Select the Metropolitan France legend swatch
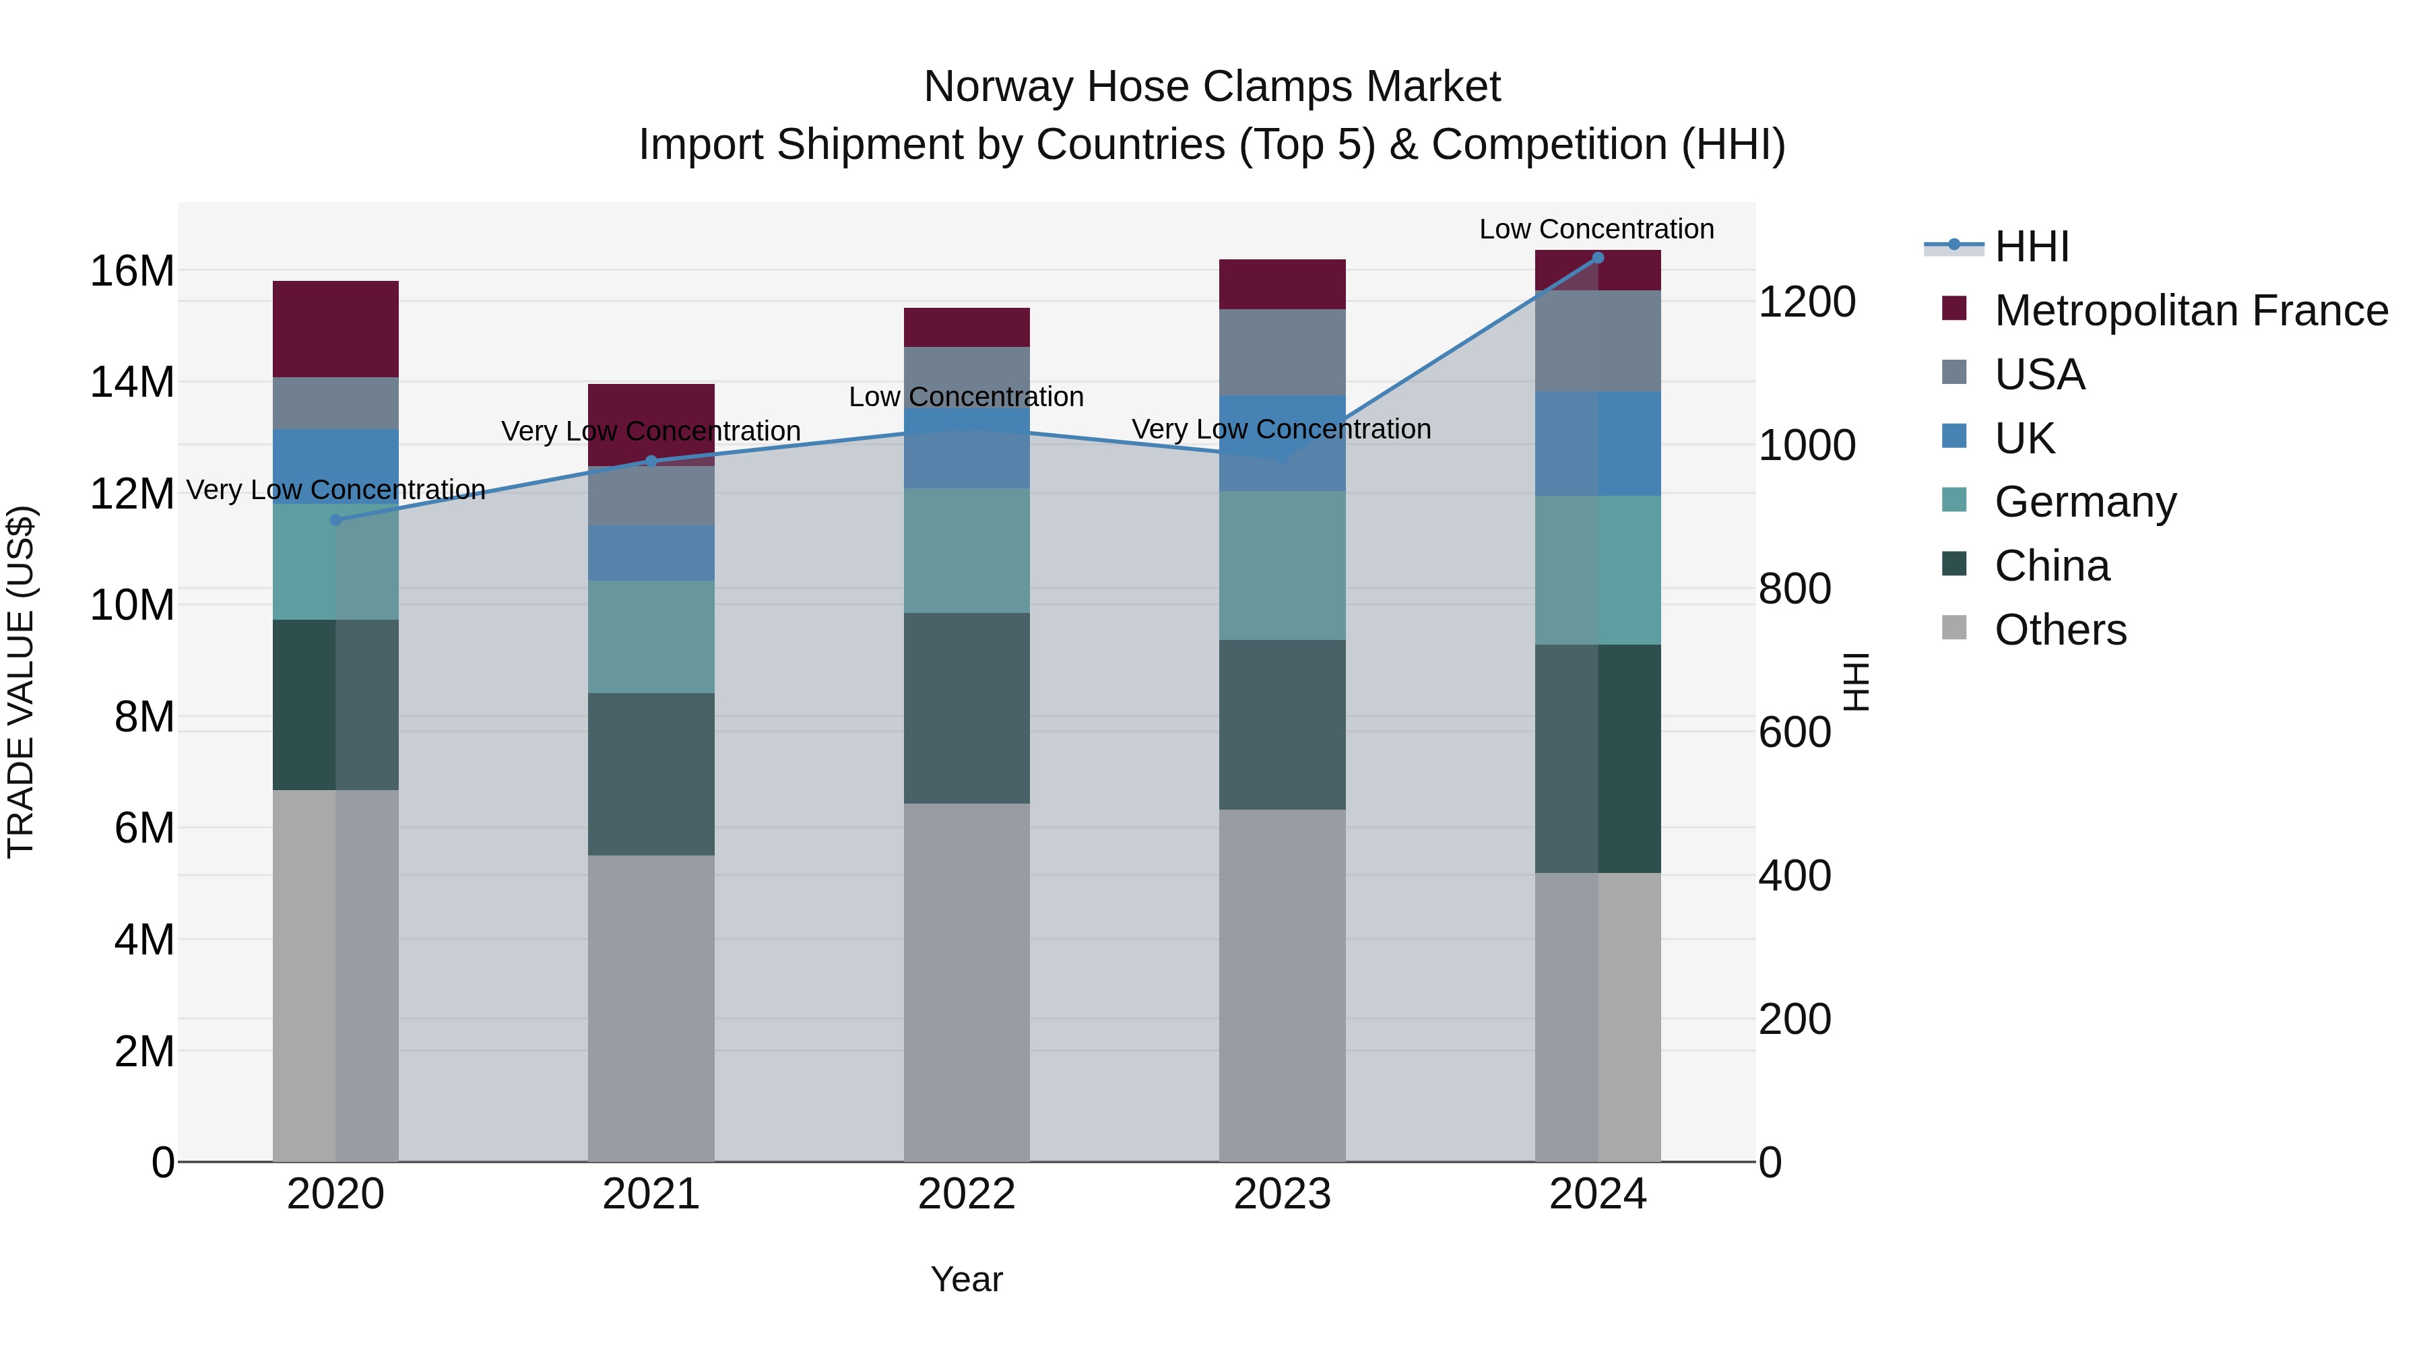coord(1953,308)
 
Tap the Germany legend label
coord(2085,502)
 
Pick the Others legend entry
coord(2060,630)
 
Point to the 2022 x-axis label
coord(966,1194)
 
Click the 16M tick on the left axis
coord(132,271)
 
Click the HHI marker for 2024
coord(1598,258)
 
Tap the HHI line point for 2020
coord(336,519)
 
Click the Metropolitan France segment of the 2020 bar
coord(336,329)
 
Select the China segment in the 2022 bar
coord(966,708)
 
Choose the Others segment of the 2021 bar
coord(651,1007)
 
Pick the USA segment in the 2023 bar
coord(1282,352)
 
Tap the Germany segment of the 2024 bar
coord(1598,569)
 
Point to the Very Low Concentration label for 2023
coord(1281,429)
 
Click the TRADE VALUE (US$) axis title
coord(21,682)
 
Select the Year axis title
coord(966,1279)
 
